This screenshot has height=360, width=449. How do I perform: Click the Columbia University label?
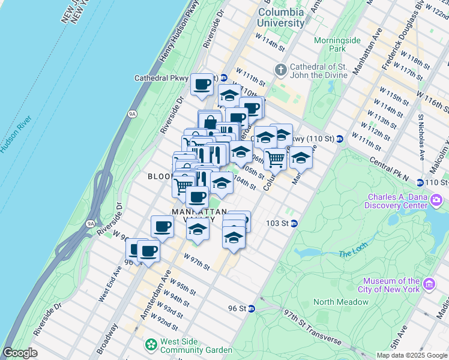coord(281,17)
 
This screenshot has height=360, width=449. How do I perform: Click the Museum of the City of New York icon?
coord(429,284)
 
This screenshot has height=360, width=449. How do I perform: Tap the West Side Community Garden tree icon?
coord(149,345)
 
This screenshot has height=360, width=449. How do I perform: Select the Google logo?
coord(20,353)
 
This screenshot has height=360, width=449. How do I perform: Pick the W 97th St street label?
coord(197,263)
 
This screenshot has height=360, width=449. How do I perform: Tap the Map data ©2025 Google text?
coord(411,355)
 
